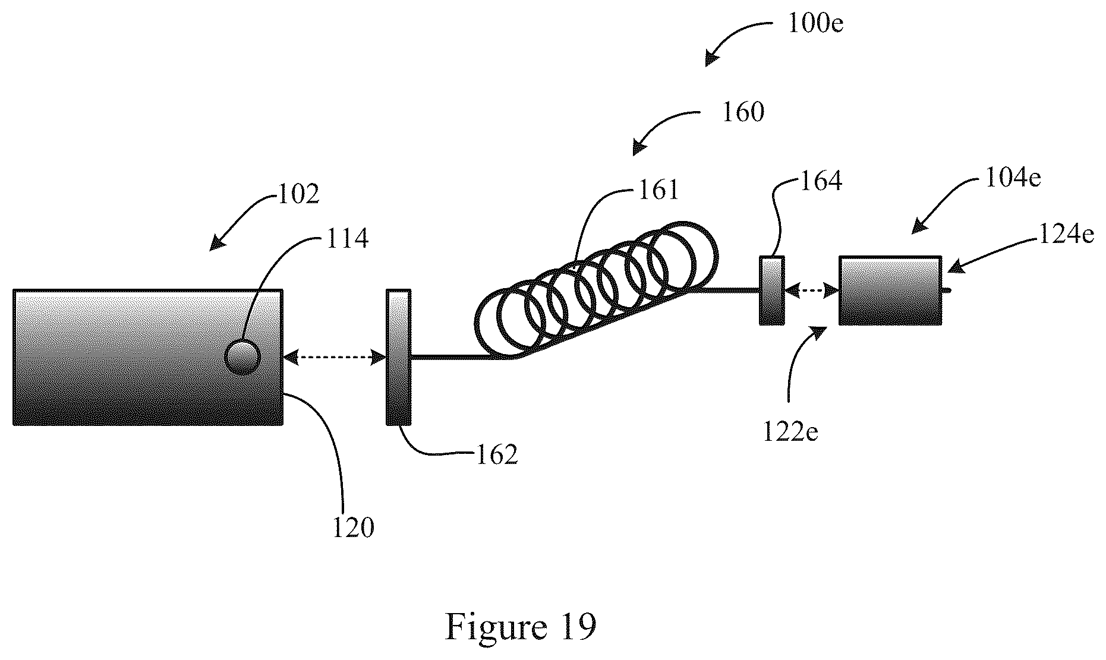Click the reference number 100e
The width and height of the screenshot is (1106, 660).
click(815, 24)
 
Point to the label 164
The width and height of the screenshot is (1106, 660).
click(821, 181)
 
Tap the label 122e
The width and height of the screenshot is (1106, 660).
click(790, 431)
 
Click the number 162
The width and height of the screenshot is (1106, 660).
click(497, 455)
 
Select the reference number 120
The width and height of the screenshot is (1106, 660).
click(353, 528)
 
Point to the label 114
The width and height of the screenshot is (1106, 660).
click(347, 238)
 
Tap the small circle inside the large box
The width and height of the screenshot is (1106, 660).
click(243, 356)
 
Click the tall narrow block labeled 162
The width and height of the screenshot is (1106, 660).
click(398, 357)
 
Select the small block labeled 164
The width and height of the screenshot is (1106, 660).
click(771, 290)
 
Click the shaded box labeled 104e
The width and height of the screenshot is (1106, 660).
click(890, 290)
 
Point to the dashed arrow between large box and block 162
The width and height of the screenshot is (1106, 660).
click(335, 357)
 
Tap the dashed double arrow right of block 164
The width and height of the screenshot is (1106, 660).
click(811, 290)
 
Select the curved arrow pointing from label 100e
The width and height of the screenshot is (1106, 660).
click(738, 41)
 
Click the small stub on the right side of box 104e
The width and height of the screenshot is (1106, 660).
click(946, 290)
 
